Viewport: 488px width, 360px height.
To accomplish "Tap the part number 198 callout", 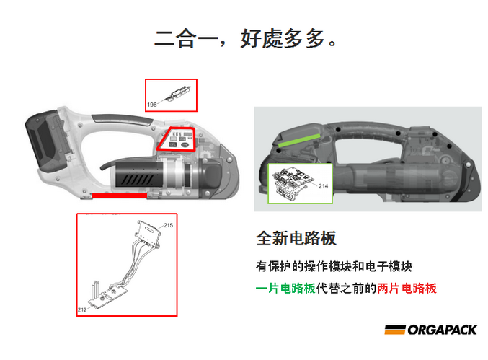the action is click(152, 105).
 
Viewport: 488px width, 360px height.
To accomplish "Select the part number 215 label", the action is click(169, 225).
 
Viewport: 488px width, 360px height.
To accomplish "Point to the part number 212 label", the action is click(82, 309).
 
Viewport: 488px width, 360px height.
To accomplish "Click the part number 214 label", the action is click(324, 186).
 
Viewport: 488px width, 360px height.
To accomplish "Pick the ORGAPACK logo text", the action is click(443, 330).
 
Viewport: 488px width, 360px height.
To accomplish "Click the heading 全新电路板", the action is click(296, 238).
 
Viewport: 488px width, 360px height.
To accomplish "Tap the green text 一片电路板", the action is click(285, 289).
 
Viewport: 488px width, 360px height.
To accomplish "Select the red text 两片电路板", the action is click(407, 289).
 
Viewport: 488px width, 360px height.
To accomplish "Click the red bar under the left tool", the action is click(119, 196).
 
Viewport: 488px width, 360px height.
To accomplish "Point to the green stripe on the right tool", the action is click(299, 140).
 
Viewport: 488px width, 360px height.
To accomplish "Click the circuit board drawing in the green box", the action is click(293, 183).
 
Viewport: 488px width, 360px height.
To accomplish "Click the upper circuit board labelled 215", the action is click(149, 234).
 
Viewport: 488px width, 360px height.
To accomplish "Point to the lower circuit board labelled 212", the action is click(107, 296).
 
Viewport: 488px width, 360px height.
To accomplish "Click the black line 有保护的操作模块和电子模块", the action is click(334, 267).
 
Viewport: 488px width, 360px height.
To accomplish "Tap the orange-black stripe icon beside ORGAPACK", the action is click(394, 330).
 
